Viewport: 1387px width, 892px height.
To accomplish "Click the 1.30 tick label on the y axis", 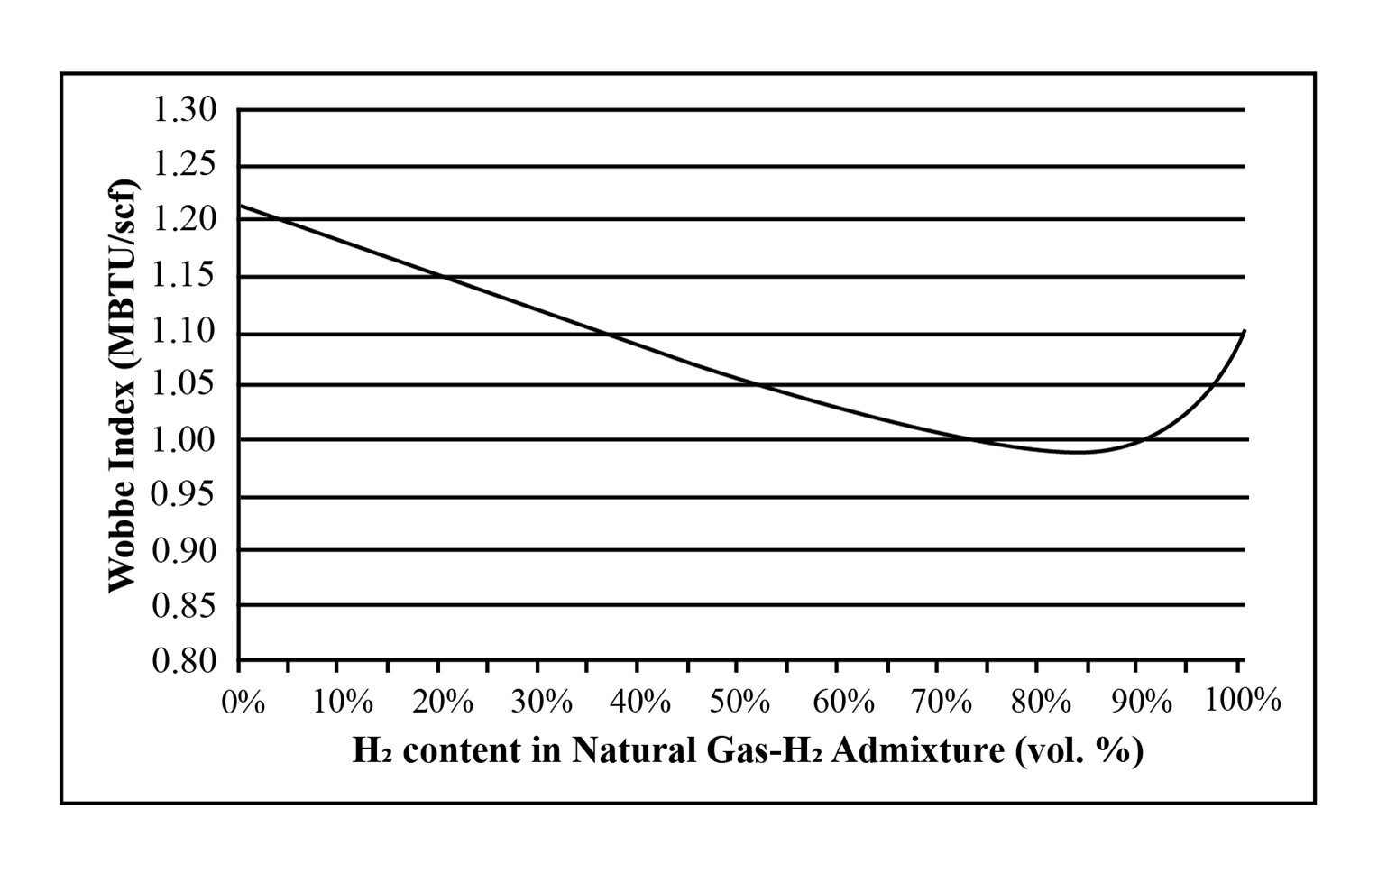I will coord(185,110).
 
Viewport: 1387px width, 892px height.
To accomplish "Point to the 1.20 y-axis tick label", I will coord(185,219).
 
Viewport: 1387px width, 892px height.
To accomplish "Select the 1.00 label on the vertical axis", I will coord(185,440).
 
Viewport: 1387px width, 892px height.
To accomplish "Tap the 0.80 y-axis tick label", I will coord(185,661).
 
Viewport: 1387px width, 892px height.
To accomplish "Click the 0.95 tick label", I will coord(185,495).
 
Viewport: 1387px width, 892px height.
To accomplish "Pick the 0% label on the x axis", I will coord(243,702).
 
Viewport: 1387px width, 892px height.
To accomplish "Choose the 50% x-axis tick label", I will coord(739,702).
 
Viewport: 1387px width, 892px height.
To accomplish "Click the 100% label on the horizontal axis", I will coord(1244,700).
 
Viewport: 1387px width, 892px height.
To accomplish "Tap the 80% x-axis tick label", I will coord(1040,702).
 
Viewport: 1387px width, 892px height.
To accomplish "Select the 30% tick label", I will coord(541,702).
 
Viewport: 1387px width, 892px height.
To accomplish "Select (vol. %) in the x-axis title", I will coord(1079,750).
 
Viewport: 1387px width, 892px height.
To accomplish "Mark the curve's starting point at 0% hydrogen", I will coord(240,206).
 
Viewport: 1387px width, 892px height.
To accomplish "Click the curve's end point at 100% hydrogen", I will coord(1245,331).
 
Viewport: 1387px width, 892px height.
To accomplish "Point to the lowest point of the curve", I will coord(1078,452).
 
